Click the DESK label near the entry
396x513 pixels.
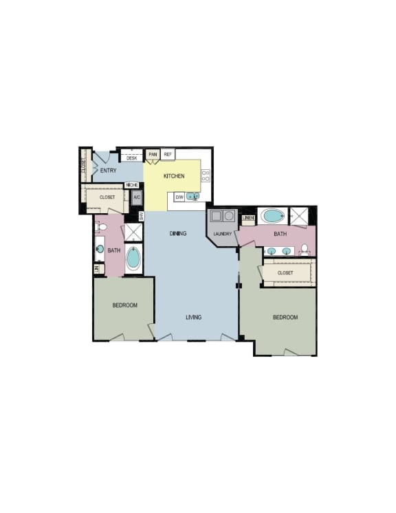[x=132, y=158]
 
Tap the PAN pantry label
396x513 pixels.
[x=153, y=155]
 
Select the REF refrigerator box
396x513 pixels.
[x=168, y=155]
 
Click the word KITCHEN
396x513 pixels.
[x=174, y=177]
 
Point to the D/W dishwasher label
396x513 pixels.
[x=179, y=197]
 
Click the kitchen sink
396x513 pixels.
[x=192, y=197]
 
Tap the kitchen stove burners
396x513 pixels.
[x=205, y=176]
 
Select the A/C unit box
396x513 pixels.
[x=136, y=198]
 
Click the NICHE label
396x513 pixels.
[x=131, y=185]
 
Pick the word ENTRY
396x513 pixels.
[x=108, y=171]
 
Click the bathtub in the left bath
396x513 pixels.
[x=133, y=259]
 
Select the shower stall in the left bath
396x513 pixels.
[x=133, y=232]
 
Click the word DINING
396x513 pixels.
[x=178, y=234]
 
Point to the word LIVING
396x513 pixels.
[x=193, y=317]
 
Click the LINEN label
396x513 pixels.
[x=248, y=218]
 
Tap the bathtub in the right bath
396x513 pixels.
[x=273, y=216]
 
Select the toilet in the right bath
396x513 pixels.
[x=304, y=249]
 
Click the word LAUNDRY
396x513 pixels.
[x=222, y=234]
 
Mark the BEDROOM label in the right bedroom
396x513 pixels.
[x=285, y=317]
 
